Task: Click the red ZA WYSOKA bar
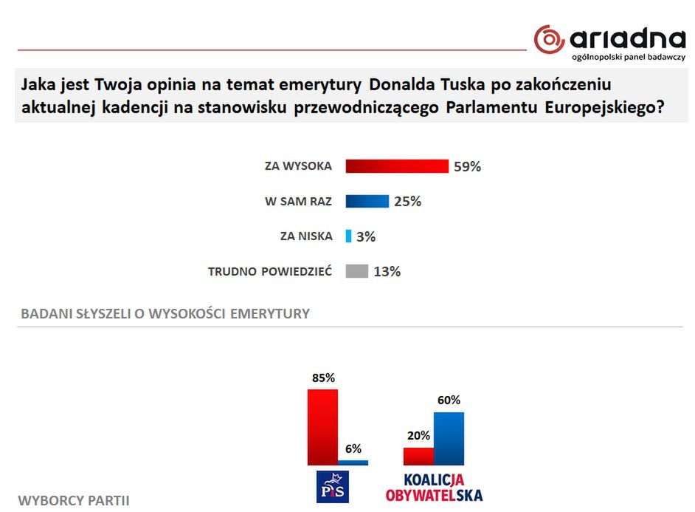397,166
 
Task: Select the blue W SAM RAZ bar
367,201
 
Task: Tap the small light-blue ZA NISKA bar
349,236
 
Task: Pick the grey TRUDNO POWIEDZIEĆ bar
356,271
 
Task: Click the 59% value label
467,167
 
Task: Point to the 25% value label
407,202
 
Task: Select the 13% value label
387,272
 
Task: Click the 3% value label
366,237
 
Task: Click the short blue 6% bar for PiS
353,462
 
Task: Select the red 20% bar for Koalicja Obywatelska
418,456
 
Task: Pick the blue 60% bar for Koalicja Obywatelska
449,439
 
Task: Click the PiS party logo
332,486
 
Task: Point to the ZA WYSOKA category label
298,166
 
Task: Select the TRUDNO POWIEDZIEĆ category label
270,272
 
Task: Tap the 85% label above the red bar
323,378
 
